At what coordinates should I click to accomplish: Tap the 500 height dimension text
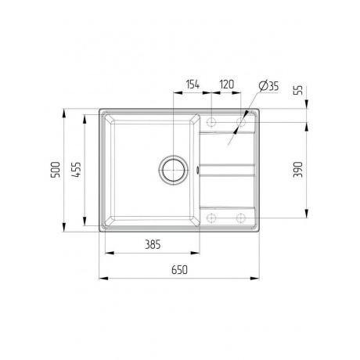pos(54,169)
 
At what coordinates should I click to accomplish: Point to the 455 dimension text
pos(75,169)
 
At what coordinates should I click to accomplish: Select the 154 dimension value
pos(192,85)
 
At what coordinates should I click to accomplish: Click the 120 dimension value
pos(227,85)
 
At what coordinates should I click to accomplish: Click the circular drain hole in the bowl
pos(173,167)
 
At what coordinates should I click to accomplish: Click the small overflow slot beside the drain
pos(198,167)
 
